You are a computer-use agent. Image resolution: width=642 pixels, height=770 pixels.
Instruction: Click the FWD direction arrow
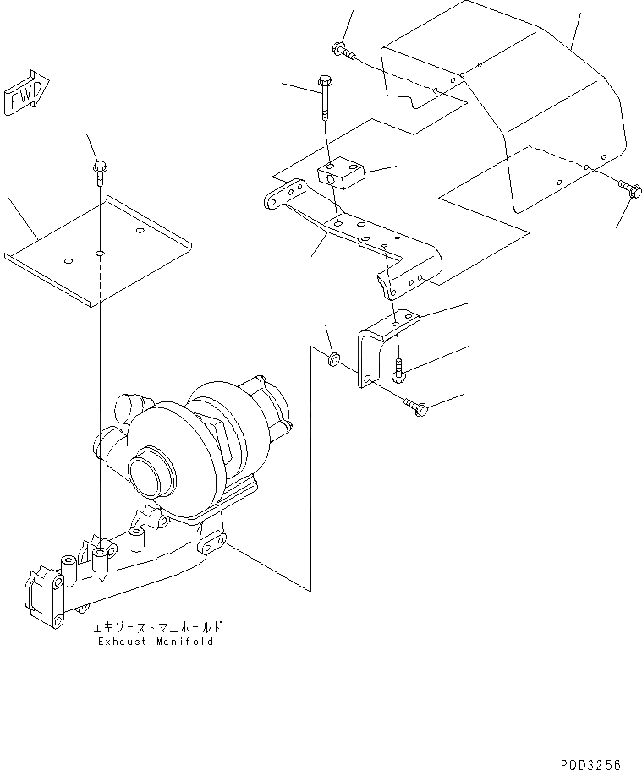(26, 93)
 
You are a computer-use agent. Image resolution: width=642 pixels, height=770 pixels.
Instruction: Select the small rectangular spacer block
(339, 178)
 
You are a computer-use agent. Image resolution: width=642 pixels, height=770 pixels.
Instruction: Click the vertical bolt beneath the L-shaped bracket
(398, 366)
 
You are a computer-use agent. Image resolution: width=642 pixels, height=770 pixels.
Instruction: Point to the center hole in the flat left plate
(100, 253)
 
